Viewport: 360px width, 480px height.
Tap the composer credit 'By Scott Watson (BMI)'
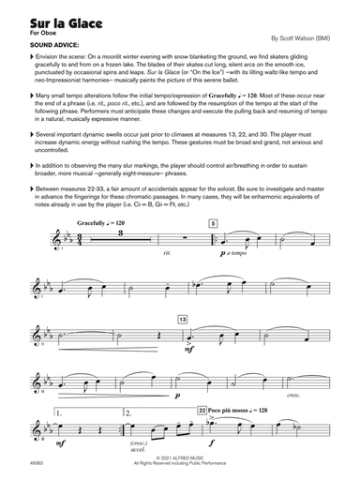[x=300, y=38]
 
